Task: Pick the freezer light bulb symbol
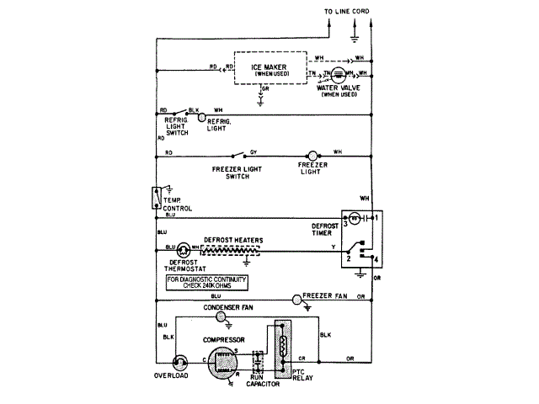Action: point(312,157)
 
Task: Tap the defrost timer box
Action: point(361,239)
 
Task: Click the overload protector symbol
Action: point(180,362)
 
